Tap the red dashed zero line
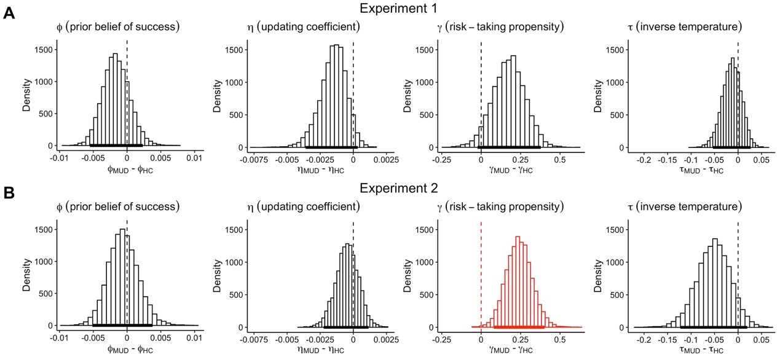tap(481, 276)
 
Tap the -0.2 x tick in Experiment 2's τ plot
tap(644, 338)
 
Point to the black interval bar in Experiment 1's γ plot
tap(509, 147)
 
